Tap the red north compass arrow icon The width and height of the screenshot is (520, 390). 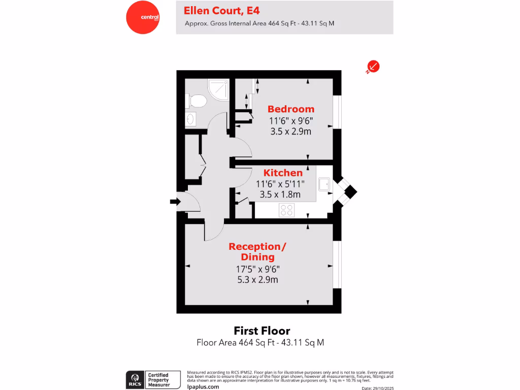pos(374,67)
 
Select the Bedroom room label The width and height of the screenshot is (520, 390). pos(291,109)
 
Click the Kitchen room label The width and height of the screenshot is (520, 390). pos(283,173)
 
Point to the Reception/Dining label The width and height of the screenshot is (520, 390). pos(257,251)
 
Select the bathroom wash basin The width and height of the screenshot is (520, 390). pos(190,119)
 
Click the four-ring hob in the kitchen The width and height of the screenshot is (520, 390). pos(286,210)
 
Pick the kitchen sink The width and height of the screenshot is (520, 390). pos(324,185)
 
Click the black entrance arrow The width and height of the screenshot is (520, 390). pos(175,202)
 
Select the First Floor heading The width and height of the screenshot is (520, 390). pos(262,331)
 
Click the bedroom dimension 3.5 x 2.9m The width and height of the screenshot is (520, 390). pos(290,132)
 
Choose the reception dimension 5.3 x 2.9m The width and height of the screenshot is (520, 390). pos(257,279)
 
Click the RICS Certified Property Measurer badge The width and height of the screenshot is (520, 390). pos(153,379)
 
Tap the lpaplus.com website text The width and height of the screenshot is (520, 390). pos(203,386)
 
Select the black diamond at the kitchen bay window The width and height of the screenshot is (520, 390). pos(350,192)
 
